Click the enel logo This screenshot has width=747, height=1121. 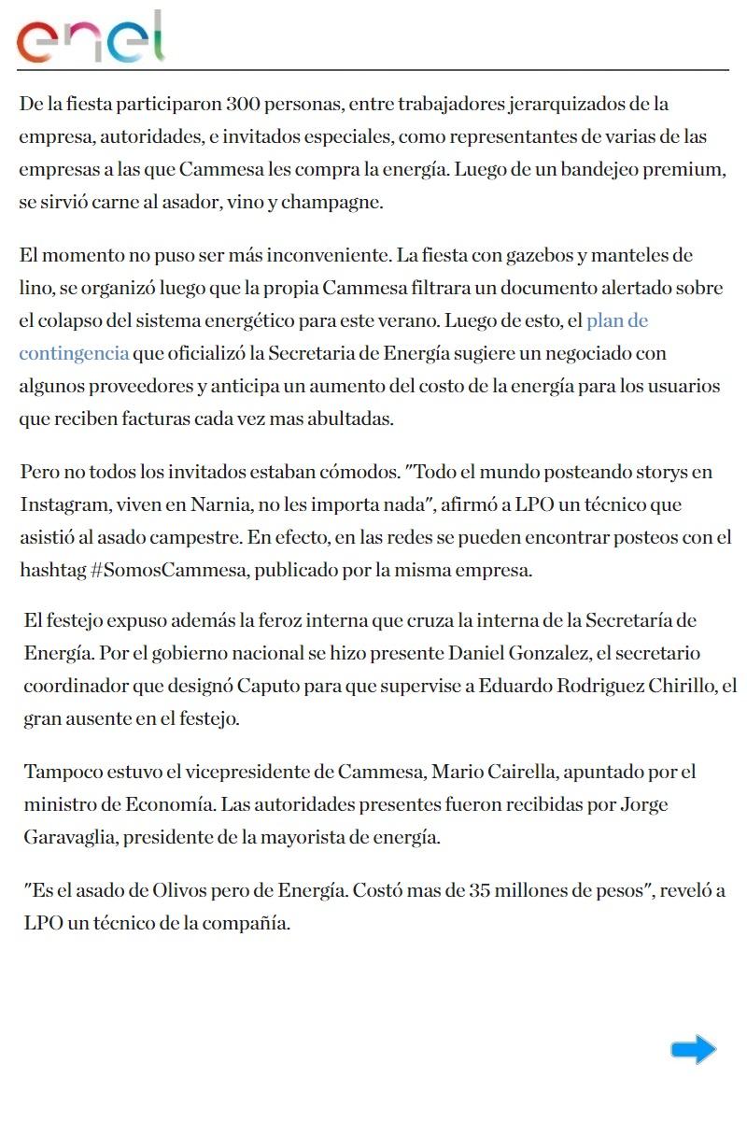[x=90, y=38]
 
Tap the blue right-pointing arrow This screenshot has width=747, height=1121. [x=693, y=1050]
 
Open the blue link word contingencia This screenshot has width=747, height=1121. [x=74, y=354]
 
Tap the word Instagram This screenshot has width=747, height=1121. [x=63, y=505]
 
